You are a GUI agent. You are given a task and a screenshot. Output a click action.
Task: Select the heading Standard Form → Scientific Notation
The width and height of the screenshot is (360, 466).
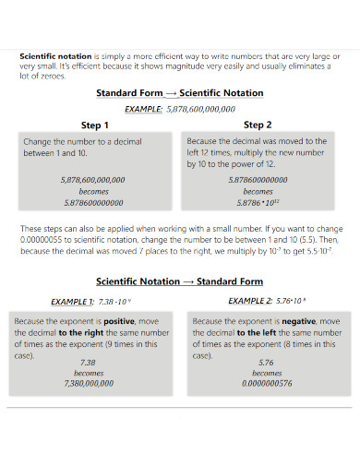tap(180, 93)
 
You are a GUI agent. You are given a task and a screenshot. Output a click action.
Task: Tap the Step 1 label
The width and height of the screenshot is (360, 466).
tap(95, 125)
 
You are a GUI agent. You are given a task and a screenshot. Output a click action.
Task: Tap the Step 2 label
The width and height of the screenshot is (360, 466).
tap(258, 125)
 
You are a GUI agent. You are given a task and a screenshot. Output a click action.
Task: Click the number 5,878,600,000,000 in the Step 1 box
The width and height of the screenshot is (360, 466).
tap(92, 180)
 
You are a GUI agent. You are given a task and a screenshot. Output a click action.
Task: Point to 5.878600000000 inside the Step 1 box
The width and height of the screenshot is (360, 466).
tap(92, 202)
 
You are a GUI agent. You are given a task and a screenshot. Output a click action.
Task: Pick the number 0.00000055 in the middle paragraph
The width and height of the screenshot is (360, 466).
tap(43, 238)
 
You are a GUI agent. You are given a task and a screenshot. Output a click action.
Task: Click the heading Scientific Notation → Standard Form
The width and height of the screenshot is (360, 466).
tap(180, 281)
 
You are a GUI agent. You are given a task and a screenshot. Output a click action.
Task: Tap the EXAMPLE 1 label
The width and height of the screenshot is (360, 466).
tap(72, 302)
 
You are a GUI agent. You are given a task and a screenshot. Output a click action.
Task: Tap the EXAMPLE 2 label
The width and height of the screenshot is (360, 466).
tap(250, 302)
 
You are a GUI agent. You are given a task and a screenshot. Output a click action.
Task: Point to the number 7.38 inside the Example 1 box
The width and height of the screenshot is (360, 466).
tap(89, 363)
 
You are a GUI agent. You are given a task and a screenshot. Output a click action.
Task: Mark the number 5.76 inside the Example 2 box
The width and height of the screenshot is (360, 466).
tap(267, 363)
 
